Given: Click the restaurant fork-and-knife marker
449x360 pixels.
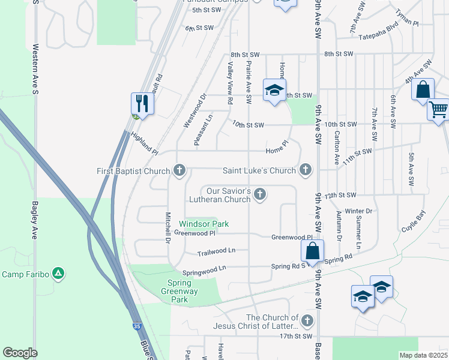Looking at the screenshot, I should tap(143, 103).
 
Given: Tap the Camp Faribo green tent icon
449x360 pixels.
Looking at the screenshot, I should tap(58, 274).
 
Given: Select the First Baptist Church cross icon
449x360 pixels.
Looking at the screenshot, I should tap(179, 171).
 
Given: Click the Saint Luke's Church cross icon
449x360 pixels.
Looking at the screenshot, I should tap(306, 170).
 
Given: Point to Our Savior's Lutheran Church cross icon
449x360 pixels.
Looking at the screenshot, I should tap(260, 194).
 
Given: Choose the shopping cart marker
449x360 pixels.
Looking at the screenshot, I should tap(439, 110).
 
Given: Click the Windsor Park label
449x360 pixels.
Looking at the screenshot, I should tap(203, 224).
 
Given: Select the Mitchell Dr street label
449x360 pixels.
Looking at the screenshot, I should tap(167, 227).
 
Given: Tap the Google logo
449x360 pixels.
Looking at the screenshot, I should tap(20, 353).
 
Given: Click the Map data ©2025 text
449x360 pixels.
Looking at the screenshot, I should tap(423, 355).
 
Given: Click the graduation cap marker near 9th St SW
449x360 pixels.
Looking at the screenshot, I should tap(274, 91).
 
